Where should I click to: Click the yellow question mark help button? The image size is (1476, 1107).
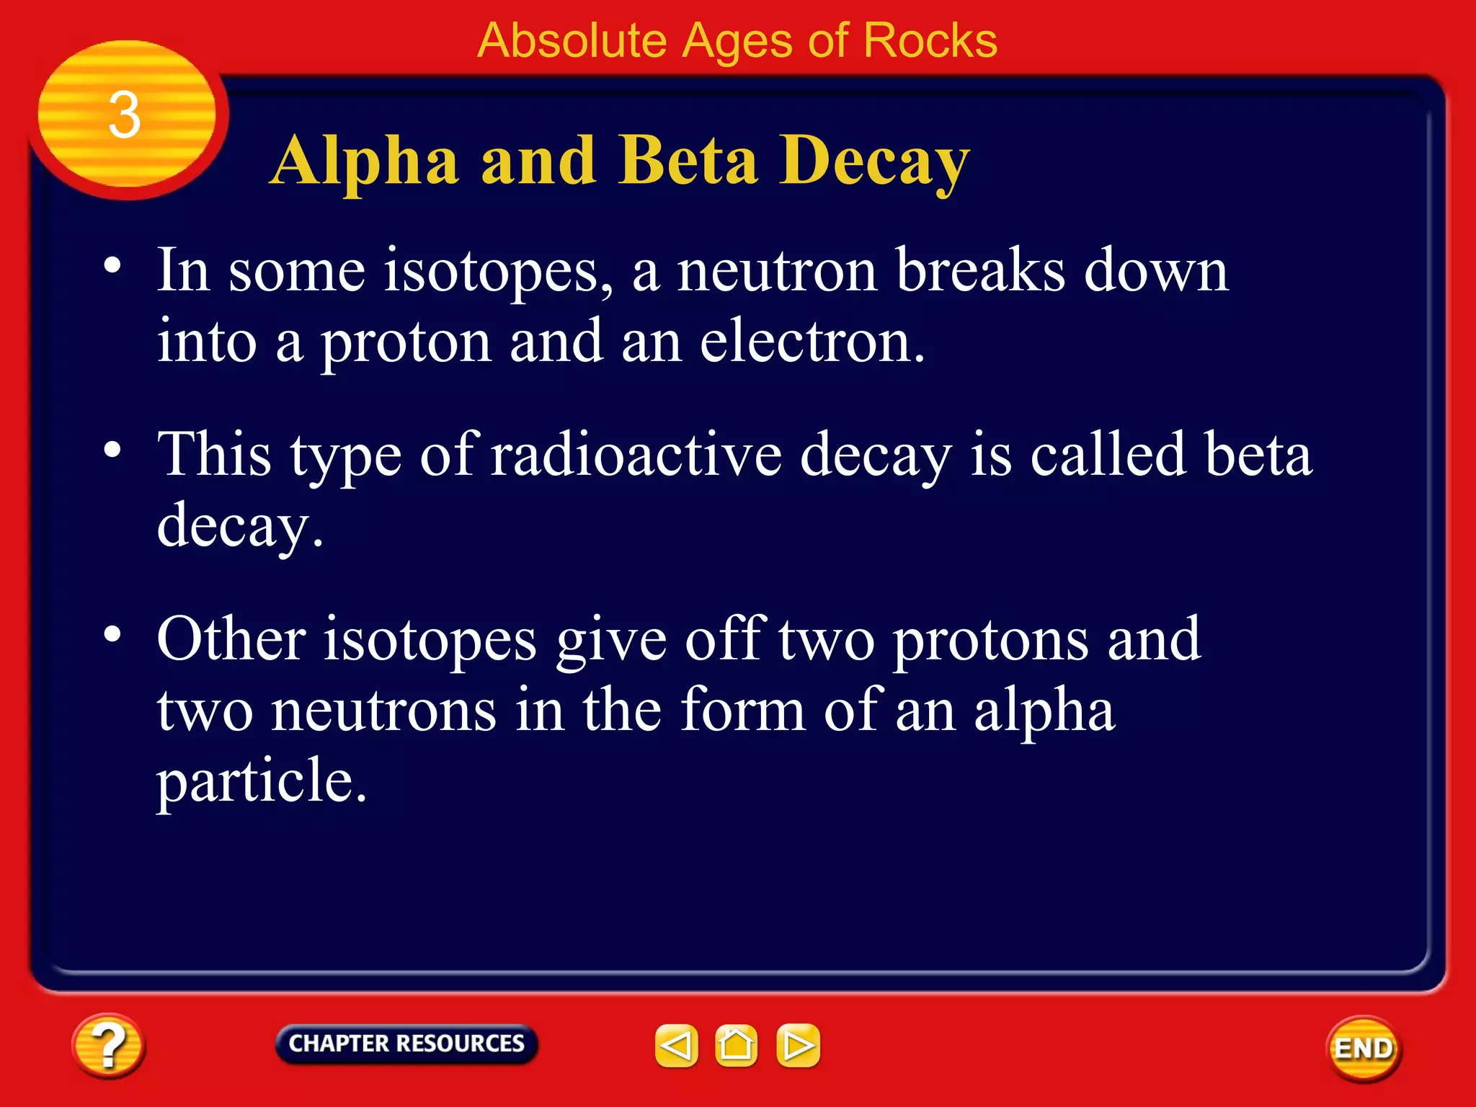click(x=108, y=1046)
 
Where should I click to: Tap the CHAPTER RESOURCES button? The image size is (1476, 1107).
click(x=406, y=1044)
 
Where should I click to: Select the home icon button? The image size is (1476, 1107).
click(x=736, y=1045)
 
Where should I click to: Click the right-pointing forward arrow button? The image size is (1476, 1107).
click(x=798, y=1045)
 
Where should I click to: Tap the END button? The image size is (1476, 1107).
click(x=1363, y=1049)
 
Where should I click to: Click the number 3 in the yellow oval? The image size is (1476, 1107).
click(x=124, y=115)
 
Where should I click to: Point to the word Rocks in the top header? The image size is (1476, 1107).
click(x=930, y=40)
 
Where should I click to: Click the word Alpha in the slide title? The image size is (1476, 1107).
click(x=365, y=163)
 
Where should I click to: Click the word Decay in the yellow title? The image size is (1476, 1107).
click(x=874, y=163)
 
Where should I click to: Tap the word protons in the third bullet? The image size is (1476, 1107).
click(x=990, y=640)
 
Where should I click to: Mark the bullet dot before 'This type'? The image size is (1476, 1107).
click(x=112, y=450)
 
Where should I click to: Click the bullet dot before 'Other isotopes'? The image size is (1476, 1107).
click(x=112, y=635)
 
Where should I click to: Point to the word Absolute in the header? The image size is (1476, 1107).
click(x=572, y=40)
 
